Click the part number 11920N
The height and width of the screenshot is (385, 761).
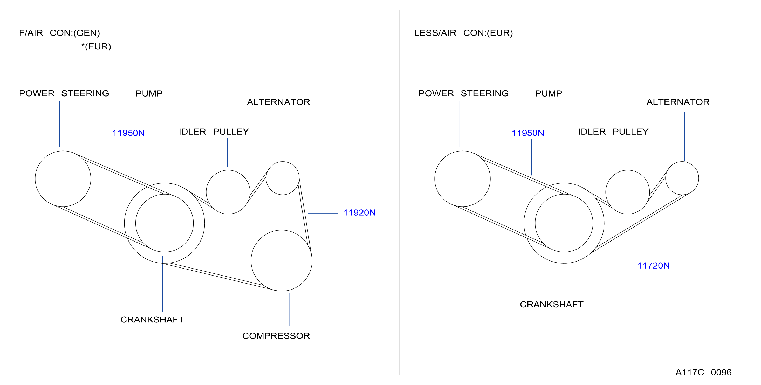click(359, 213)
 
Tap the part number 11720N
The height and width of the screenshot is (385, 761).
click(653, 266)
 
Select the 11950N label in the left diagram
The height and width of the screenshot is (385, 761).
click(128, 133)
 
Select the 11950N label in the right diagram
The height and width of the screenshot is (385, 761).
click(528, 133)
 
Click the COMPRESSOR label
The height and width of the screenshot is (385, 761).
click(276, 336)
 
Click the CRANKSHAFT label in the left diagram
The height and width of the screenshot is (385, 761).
click(152, 320)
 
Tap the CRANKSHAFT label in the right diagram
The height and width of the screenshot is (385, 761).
click(552, 305)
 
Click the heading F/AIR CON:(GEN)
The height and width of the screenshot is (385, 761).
click(59, 33)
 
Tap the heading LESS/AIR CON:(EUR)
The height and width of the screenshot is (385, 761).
click(463, 33)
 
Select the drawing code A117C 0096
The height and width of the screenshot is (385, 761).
click(703, 372)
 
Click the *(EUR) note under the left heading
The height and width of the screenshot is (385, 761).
click(96, 46)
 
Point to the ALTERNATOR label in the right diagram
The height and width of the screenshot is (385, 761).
click(678, 102)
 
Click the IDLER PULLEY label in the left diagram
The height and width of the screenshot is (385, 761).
click(214, 132)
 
